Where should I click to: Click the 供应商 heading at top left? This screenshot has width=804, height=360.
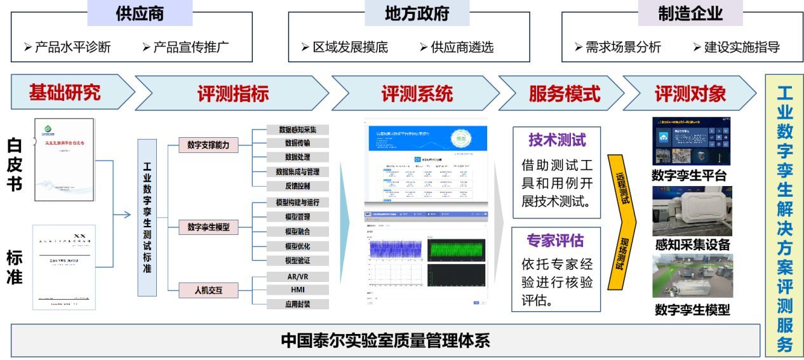click(140, 13)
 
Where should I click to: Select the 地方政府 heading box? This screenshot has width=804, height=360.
click(417, 13)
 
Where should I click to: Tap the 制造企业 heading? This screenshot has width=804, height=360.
click(690, 13)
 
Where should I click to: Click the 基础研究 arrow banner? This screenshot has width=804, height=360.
click(65, 93)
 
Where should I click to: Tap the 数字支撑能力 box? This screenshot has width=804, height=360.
click(208, 145)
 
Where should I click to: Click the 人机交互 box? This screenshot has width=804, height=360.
click(208, 291)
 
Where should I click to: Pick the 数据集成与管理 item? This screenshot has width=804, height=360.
click(297, 171)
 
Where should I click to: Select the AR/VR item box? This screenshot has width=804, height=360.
click(297, 277)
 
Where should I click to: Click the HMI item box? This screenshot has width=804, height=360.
click(297, 290)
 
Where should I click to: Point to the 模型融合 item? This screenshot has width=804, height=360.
click(297, 232)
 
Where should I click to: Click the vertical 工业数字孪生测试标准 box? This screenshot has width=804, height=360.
click(147, 218)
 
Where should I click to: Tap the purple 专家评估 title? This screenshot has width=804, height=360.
click(555, 241)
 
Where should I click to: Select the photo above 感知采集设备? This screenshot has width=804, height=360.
click(692, 211)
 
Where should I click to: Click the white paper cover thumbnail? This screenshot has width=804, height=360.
click(64, 159)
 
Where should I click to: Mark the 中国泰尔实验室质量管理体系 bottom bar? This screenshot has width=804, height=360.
click(385, 340)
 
